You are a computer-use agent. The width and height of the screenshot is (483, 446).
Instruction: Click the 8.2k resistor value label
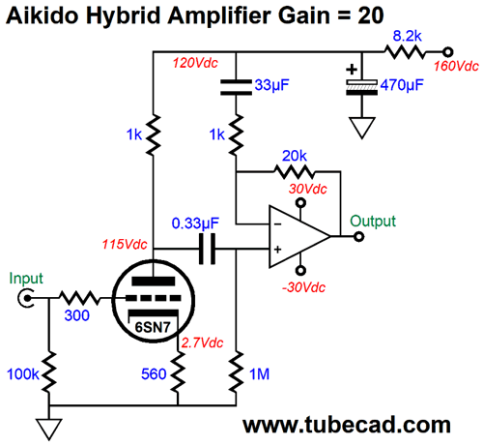[407, 36]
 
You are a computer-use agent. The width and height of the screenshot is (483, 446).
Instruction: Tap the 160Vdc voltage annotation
[456, 66]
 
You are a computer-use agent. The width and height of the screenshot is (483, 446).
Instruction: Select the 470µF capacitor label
[402, 85]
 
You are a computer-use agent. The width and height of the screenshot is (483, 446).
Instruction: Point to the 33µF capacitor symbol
[236, 87]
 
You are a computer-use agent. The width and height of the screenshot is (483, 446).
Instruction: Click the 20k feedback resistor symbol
[295, 172]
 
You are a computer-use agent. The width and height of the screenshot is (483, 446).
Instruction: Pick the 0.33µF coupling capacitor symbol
[207, 249]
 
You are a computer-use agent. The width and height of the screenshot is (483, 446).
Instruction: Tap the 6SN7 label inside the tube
[153, 327]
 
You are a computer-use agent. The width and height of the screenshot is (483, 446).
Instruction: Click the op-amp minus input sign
[278, 224]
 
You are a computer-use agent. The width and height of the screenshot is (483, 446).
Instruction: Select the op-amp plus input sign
[277, 249]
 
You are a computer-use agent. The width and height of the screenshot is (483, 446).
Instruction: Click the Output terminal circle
[358, 237]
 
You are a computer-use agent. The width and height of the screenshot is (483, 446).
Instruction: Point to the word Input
[26, 278]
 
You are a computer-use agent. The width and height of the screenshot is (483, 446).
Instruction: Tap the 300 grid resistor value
[76, 315]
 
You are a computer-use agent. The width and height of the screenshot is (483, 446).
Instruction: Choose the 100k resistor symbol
[49, 372]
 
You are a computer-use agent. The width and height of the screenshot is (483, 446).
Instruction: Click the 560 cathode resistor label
[154, 374]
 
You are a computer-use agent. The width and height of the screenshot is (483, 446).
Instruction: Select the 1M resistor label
[259, 374]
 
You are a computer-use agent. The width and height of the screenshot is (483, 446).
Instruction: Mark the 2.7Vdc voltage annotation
[202, 342]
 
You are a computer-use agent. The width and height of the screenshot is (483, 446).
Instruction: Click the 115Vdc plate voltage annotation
[125, 245]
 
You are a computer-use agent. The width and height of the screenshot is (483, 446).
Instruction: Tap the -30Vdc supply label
[303, 287]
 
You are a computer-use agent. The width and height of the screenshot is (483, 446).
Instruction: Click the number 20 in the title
[370, 15]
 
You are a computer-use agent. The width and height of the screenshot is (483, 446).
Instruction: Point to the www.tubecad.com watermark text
[347, 425]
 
